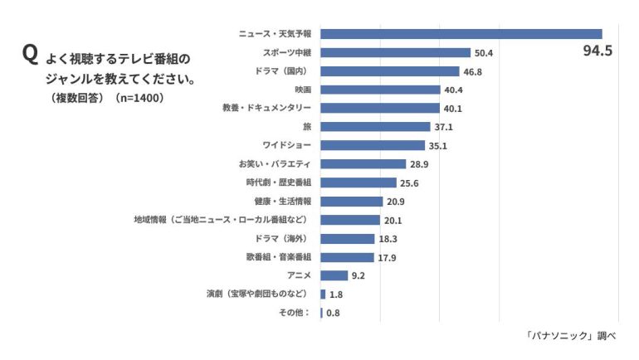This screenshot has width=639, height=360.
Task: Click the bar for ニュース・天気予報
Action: coord(461,34)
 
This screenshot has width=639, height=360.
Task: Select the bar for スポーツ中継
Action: coord(395,52)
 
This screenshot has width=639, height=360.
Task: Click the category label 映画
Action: coord(303,90)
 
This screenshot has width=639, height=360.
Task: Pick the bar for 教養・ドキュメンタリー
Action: coord(379,108)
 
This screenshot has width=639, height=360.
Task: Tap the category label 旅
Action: coord(307,126)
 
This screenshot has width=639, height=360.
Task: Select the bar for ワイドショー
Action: coord(372,145)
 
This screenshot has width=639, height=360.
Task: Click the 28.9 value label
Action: coord(418,164)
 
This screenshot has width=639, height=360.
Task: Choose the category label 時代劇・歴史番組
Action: coord(278,182)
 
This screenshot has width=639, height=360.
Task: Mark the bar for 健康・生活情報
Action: coord(351,201)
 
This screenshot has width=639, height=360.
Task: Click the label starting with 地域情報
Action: coord(222,220)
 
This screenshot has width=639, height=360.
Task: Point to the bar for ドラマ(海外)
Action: coord(348,238)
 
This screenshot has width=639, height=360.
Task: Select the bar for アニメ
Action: coord(334,275)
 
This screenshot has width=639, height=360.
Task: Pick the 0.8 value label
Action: coord(333,313)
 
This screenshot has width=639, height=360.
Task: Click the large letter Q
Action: coord(30,55)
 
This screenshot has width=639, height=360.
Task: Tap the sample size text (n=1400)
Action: coord(139,97)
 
